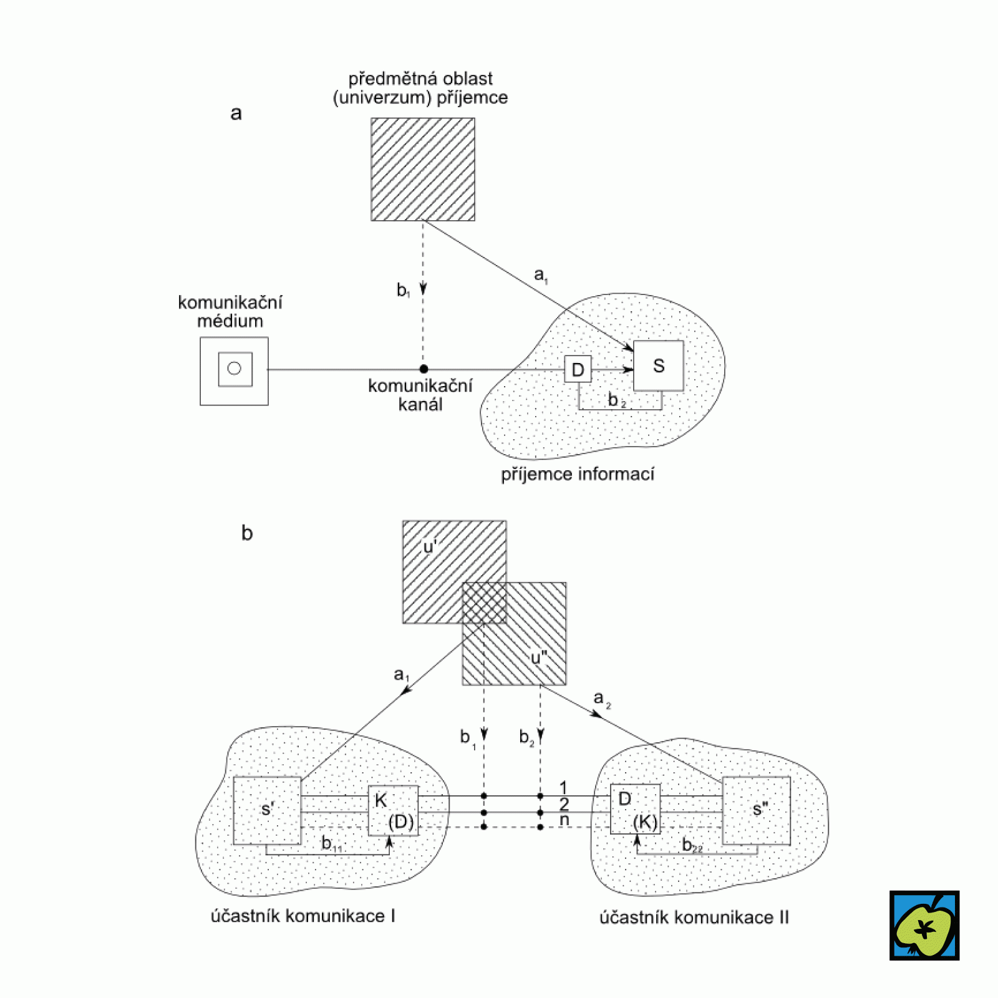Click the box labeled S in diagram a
click(658, 366)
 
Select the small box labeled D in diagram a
click(578, 369)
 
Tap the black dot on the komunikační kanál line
click(424, 369)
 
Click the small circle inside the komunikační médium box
click(235, 369)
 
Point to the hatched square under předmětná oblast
click(422, 169)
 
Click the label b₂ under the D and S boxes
click(616, 400)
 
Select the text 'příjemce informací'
click(578, 475)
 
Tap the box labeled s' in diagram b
click(267, 810)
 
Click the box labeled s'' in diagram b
click(756, 810)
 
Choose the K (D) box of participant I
click(393, 810)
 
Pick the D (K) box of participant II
click(635, 809)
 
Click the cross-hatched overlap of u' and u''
click(484, 603)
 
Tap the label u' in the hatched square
click(430, 547)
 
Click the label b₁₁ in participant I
click(331, 844)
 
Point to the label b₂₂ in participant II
click(692, 845)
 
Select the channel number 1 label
click(563, 788)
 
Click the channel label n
click(564, 820)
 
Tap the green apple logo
click(924, 925)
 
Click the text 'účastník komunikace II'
click(694, 918)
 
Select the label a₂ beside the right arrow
click(602, 699)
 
